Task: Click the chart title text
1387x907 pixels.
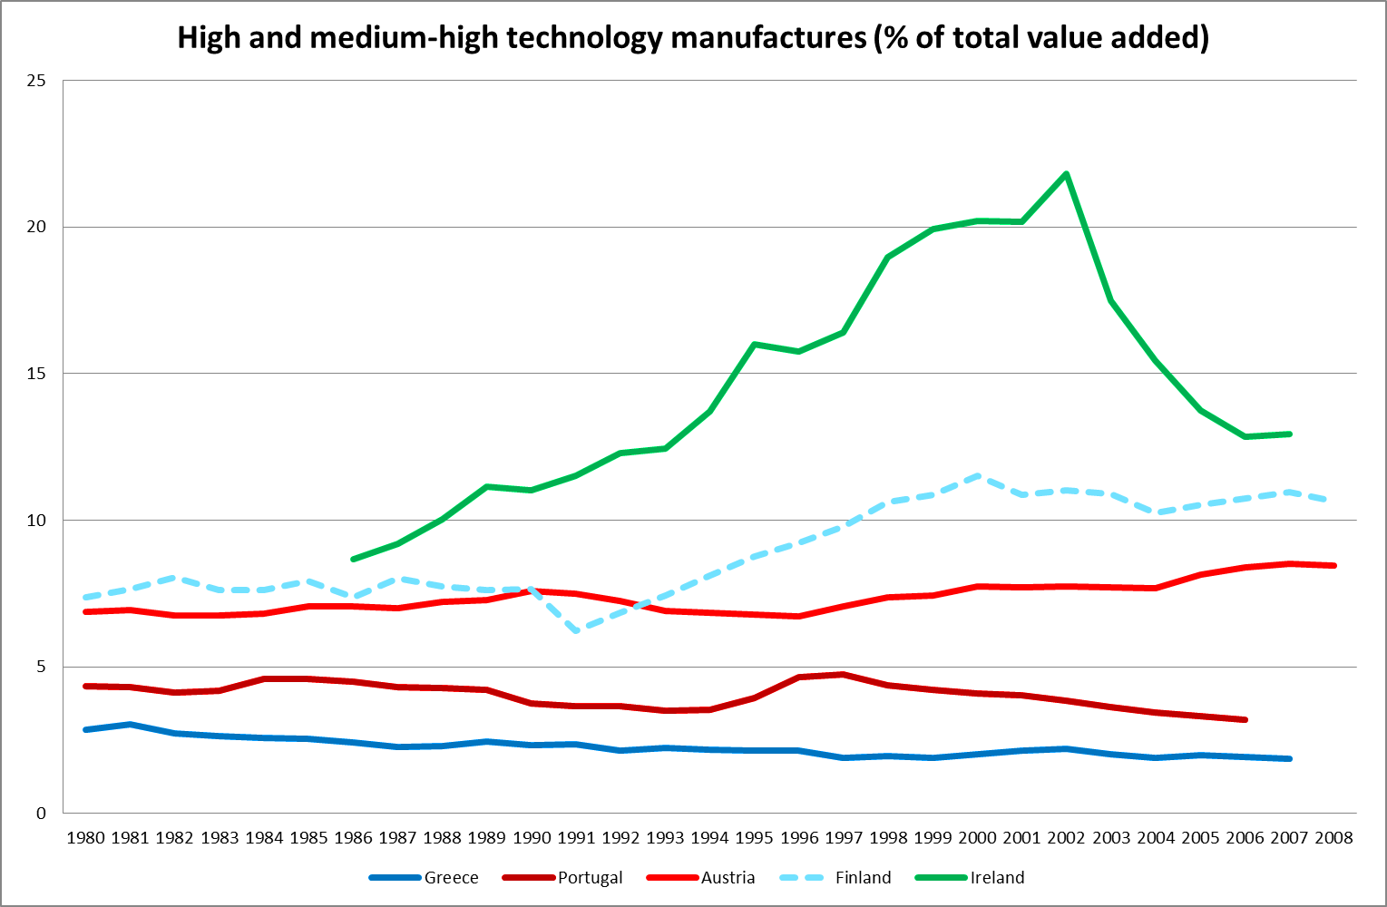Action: click(x=693, y=38)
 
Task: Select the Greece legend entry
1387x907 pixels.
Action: click(x=451, y=878)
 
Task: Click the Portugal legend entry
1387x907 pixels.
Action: click(x=590, y=878)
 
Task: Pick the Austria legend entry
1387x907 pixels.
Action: click(x=728, y=878)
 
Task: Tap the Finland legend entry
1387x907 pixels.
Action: click(x=863, y=878)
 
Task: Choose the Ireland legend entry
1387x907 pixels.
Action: click(x=997, y=878)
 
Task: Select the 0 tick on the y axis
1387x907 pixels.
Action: click(x=40, y=814)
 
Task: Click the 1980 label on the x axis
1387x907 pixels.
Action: click(x=85, y=838)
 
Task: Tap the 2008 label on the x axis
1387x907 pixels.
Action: click(x=1333, y=838)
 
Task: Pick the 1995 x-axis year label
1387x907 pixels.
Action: click(x=754, y=838)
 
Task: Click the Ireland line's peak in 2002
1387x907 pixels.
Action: click(x=1066, y=173)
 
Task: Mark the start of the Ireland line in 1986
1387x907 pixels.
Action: click(x=353, y=560)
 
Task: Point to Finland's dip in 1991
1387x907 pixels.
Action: click(x=576, y=630)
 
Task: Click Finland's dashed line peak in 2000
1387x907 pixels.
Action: click(x=977, y=475)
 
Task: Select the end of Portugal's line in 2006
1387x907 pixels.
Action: click(x=1245, y=720)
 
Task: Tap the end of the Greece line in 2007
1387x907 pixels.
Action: click(x=1289, y=759)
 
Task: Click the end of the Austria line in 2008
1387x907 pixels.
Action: click(x=1333, y=566)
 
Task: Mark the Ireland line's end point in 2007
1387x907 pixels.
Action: click(x=1289, y=434)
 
